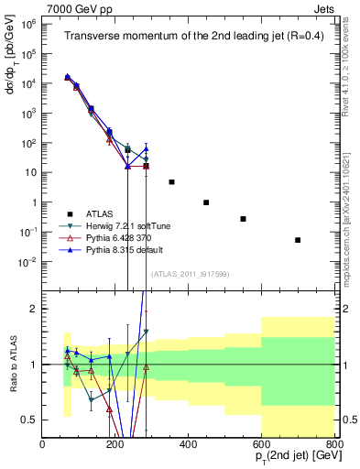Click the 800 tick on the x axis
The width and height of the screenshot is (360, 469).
334,446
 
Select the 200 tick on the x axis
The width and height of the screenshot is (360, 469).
115,446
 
